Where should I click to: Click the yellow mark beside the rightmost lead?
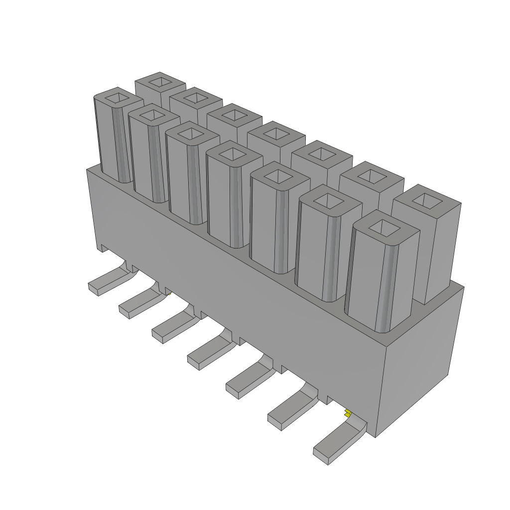[x=347, y=413]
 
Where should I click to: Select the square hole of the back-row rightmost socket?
[x=427, y=200]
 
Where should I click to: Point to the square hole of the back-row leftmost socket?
[x=160, y=81]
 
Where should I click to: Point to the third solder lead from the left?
[x=169, y=329]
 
